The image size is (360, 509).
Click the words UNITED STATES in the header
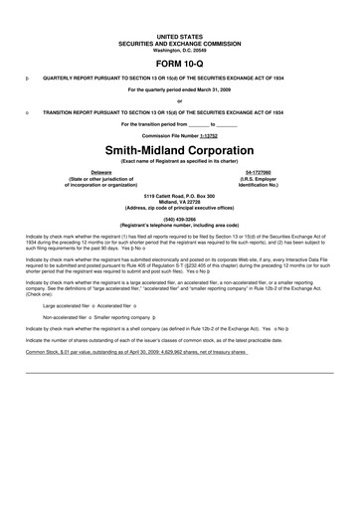pos(179,35)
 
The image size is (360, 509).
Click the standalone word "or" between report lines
pos(179,100)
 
